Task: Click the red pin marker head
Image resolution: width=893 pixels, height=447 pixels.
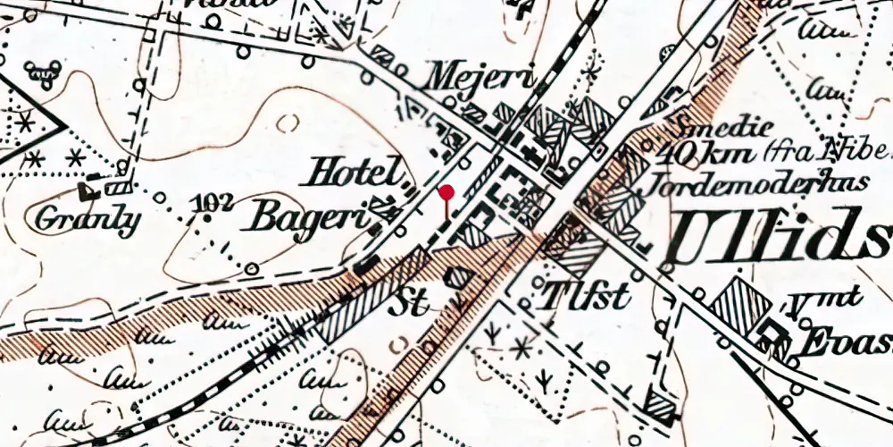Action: point(446,191)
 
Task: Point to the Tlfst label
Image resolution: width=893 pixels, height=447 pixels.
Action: point(585,294)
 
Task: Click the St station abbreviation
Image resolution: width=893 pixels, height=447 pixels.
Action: point(407,305)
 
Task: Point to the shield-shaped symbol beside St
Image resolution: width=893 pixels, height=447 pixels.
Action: point(457,276)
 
